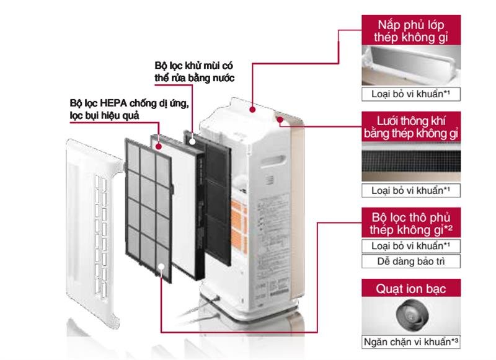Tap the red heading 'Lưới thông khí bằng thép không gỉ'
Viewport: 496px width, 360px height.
(411, 126)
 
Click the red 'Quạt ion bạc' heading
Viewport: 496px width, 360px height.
(411, 288)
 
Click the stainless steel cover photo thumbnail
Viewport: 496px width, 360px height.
(411, 68)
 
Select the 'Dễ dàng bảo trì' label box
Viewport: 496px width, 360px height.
(411, 261)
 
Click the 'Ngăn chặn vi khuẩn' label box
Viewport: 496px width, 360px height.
(411, 341)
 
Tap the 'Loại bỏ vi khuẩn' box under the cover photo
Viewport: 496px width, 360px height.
(411, 94)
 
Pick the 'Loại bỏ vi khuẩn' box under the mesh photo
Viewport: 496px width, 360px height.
(411, 190)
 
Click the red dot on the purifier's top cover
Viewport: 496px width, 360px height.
(253, 109)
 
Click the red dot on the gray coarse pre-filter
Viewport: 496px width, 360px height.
(161, 266)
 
